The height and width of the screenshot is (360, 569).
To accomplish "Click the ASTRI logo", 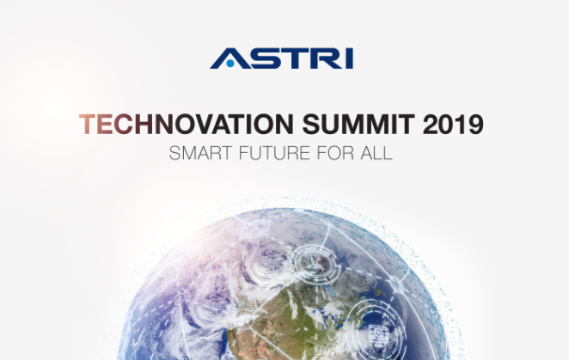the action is (282, 58).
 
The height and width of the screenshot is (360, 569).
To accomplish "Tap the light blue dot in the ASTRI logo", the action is (230, 63).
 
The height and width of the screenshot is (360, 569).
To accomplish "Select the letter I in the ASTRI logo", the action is (350, 58).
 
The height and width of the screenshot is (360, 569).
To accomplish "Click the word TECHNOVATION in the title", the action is (187, 124).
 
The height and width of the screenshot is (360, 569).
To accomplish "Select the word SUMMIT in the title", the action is (358, 124).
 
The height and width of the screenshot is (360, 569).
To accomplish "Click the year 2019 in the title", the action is (453, 124).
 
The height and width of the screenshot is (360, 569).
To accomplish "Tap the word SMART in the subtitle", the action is (200, 153).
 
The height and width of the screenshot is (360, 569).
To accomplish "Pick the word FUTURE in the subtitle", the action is (275, 153).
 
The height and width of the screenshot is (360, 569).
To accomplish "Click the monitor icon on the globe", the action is (377, 333).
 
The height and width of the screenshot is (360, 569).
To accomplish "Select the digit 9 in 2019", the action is (475, 124).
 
